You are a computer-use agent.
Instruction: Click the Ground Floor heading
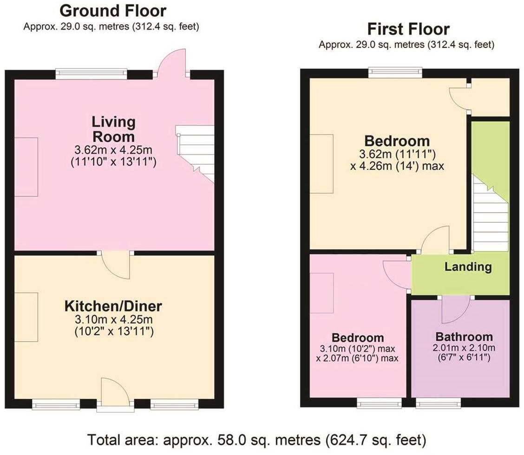113,10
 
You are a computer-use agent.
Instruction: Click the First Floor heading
408,29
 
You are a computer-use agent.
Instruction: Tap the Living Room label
114,130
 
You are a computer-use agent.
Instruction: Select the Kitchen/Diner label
113,306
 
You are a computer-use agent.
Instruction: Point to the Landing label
468,267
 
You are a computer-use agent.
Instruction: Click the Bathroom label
463,337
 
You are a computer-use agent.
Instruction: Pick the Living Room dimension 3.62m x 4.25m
114,150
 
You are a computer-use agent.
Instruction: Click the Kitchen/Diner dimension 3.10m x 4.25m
114,320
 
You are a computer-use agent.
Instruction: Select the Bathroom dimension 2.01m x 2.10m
464,348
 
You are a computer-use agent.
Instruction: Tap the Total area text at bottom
256,439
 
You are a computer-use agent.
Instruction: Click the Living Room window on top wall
91,74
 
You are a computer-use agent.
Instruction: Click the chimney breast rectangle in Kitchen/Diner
26,318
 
